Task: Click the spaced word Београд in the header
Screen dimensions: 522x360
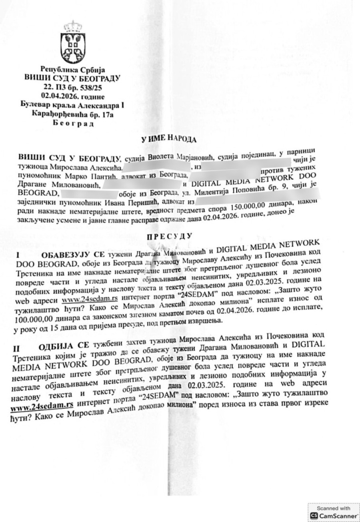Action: pos(72,123)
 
